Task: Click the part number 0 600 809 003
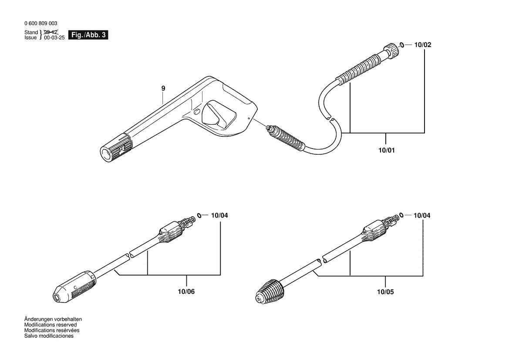(x=40, y=24)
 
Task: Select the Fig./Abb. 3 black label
(x=88, y=35)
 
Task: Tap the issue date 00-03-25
(x=54, y=37)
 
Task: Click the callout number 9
(x=163, y=88)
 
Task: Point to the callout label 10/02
(x=423, y=45)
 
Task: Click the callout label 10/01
(x=387, y=150)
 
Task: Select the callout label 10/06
(x=186, y=292)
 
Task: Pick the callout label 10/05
(x=385, y=292)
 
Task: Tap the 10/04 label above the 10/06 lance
(x=219, y=215)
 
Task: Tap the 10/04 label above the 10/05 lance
(x=421, y=215)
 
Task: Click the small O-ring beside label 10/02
(x=402, y=44)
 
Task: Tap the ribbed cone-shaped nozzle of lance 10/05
(x=270, y=291)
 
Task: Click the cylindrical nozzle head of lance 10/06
(x=74, y=287)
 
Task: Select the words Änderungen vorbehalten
(x=53, y=319)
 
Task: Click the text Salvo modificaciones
(x=49, y=336)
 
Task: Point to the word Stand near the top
(x=31, y=33)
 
